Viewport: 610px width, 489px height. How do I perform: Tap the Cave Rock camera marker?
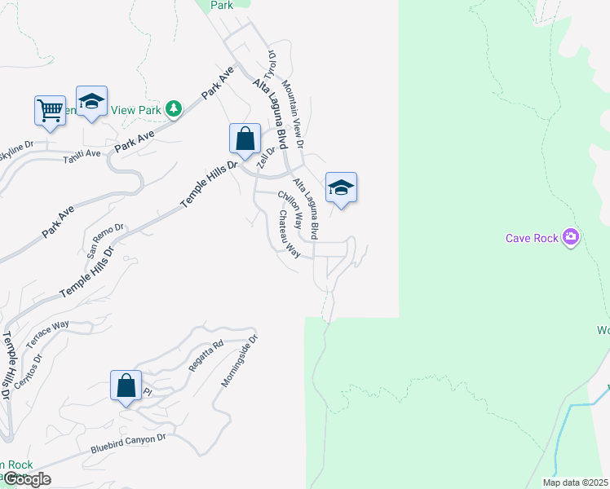(x=570, y=237)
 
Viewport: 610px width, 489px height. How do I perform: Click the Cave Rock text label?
(x=532, y=238)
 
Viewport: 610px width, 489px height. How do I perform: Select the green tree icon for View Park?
(x=173, y=108)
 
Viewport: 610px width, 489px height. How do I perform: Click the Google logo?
(x=26, y=478)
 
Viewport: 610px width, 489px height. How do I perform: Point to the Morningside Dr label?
(x=239, y=359)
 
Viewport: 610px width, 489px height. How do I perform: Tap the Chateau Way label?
(x=290, y=235)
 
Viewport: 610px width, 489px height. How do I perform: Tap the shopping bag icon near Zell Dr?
(x=245, y=139)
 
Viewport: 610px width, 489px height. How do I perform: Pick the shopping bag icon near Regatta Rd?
(x=126, y=386)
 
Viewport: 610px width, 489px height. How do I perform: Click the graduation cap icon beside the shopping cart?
(x=92, y=102)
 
